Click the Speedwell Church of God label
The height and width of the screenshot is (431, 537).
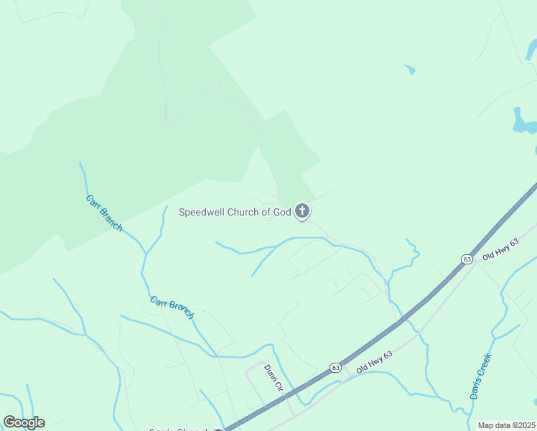pos(235,212)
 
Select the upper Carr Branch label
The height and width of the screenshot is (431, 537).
pos(104,213)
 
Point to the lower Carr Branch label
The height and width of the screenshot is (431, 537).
pos(172,307)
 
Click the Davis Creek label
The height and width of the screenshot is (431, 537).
pos(480,376)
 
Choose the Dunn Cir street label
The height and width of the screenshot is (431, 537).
pos(274,378)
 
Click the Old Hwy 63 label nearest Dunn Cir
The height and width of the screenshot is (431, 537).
pos(374,361)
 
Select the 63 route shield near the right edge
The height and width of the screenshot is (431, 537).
pos(467,259)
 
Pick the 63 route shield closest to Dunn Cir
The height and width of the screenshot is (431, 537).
pos(335,367)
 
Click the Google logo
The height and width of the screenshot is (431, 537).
pos(24,422)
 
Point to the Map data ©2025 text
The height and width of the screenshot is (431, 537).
pos(506,425)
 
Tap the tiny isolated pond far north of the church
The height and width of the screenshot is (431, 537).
pos(410,70)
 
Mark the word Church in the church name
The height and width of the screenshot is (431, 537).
pos(244,212)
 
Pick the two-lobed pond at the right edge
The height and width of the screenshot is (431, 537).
pos(523,121)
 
